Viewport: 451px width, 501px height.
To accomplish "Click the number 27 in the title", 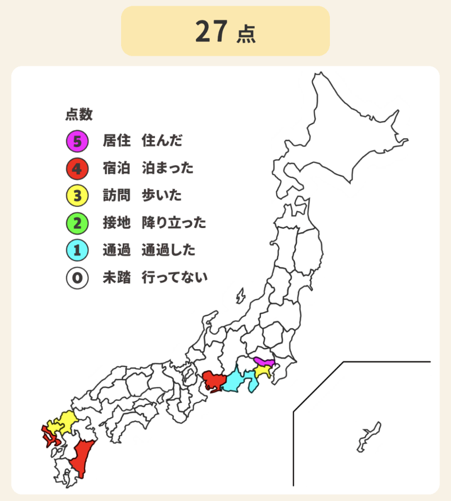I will (211, 31).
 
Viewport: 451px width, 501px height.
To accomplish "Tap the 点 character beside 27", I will (245, 34).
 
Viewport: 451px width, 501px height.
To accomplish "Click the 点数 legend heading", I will (79, 114).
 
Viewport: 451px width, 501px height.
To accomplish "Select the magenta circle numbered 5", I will (77, 141).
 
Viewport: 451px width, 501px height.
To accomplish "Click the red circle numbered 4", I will (77, 169).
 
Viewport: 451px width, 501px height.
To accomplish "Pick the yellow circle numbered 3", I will (77, 196).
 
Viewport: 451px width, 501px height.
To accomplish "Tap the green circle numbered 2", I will (77, 223).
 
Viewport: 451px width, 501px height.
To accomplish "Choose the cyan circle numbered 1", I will (77, 250).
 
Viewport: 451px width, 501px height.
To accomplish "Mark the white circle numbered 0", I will (77, 278).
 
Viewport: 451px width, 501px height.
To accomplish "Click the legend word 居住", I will (116, 141).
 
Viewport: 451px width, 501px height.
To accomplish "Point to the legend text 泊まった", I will (168, 169).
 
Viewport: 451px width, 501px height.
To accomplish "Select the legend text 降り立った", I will (174, 223).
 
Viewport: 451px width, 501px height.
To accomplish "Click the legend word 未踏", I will (116, 278).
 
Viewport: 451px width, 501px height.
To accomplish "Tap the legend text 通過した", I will (169, 250).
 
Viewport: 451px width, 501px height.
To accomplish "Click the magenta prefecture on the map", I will (264, 362).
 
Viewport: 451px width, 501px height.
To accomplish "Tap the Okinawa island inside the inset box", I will (369, 436).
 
